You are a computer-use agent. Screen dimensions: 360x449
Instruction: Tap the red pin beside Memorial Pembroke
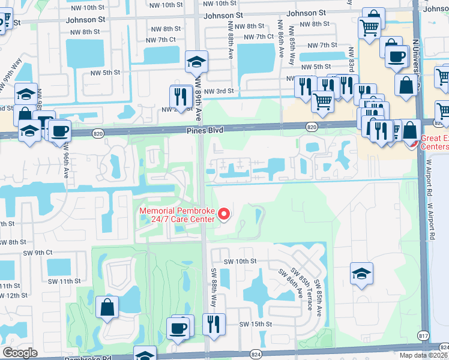(224, 214)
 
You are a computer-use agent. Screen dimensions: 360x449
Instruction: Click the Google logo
(20, 353)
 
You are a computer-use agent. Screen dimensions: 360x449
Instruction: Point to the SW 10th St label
(240, 262)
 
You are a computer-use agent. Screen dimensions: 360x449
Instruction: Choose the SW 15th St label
(256, 324)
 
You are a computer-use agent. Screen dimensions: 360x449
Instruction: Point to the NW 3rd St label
(218, 91)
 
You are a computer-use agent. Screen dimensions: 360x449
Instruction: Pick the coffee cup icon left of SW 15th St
(178, 328)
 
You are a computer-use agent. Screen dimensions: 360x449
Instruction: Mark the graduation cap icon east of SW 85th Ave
(361, 274)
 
